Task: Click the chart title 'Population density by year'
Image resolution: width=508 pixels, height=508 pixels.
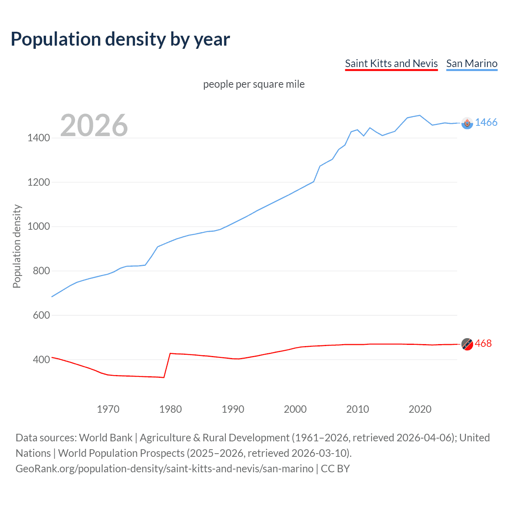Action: point(120,39)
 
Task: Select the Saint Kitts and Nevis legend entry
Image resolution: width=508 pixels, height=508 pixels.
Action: point(391,63)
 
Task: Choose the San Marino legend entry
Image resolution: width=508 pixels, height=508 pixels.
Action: point(471,63)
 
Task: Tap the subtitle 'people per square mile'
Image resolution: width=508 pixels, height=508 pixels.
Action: point(254,84)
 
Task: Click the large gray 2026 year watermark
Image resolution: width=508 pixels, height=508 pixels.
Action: point(94,125)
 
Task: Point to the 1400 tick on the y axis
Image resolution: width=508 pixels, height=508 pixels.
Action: point(38,138)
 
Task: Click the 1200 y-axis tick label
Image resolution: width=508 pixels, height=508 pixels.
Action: point(38,183)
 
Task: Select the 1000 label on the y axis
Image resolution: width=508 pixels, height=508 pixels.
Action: point(38,227)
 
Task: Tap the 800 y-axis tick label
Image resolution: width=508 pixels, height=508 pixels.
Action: point(41,271)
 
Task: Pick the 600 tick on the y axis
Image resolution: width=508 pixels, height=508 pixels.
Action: point(41,315)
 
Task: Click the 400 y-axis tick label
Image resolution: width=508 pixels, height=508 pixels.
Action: point(41,360)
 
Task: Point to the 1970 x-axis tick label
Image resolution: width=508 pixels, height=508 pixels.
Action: point(108,409)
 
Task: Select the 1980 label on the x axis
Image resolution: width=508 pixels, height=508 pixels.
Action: point(170,409)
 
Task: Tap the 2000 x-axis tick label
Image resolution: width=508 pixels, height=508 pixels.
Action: point(295,409)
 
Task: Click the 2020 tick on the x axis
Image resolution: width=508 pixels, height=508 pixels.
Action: point(420,409)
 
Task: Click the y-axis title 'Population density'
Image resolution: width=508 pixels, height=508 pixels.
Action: point(17,246)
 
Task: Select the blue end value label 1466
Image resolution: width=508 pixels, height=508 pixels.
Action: point(486,122)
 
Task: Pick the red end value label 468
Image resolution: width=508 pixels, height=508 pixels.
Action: point(483,343)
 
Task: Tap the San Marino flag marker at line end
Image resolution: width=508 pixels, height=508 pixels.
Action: point(467,123)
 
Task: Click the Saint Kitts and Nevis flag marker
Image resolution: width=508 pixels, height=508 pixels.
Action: point(467,344)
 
